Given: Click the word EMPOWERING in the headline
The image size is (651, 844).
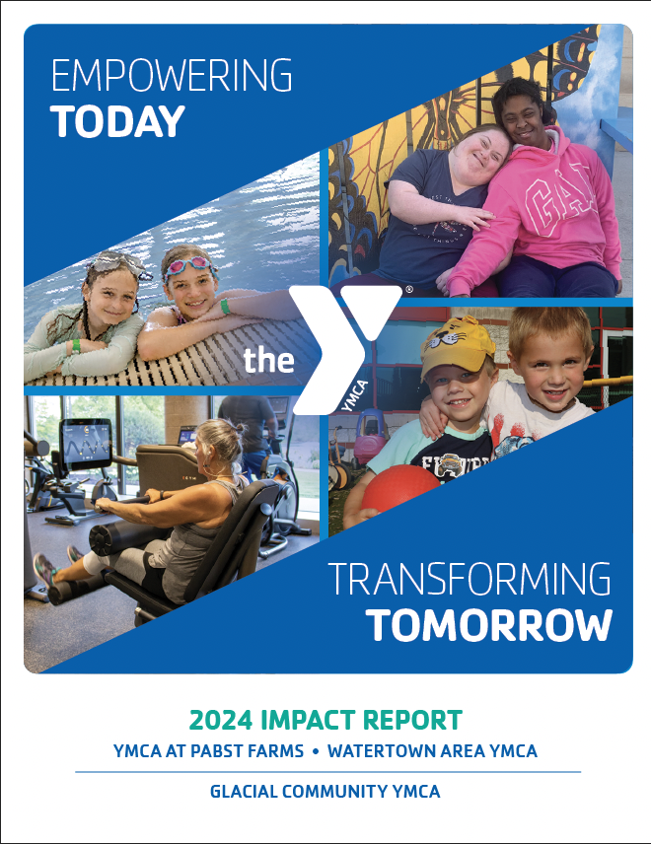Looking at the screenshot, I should [171, 77].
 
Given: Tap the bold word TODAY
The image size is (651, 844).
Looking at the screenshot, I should [118, 122].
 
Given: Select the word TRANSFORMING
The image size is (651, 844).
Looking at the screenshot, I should [469, 580].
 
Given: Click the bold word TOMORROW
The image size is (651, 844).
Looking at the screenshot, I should [488, 624].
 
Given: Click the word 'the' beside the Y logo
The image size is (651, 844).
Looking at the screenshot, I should [268, 361].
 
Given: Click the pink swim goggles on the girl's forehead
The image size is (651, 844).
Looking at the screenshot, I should [188, 266].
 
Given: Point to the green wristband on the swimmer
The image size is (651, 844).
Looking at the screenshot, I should [225, 307].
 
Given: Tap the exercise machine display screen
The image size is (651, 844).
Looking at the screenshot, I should [86, 443].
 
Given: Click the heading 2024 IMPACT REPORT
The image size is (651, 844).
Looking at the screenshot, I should [325, 719].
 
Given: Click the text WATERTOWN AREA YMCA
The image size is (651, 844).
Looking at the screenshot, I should [432, 751].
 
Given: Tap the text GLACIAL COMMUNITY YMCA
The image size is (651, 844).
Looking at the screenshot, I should [325, 792].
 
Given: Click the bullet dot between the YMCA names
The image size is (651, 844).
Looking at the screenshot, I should [316, 751].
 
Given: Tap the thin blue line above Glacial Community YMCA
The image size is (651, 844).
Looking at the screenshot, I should [325, 772].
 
